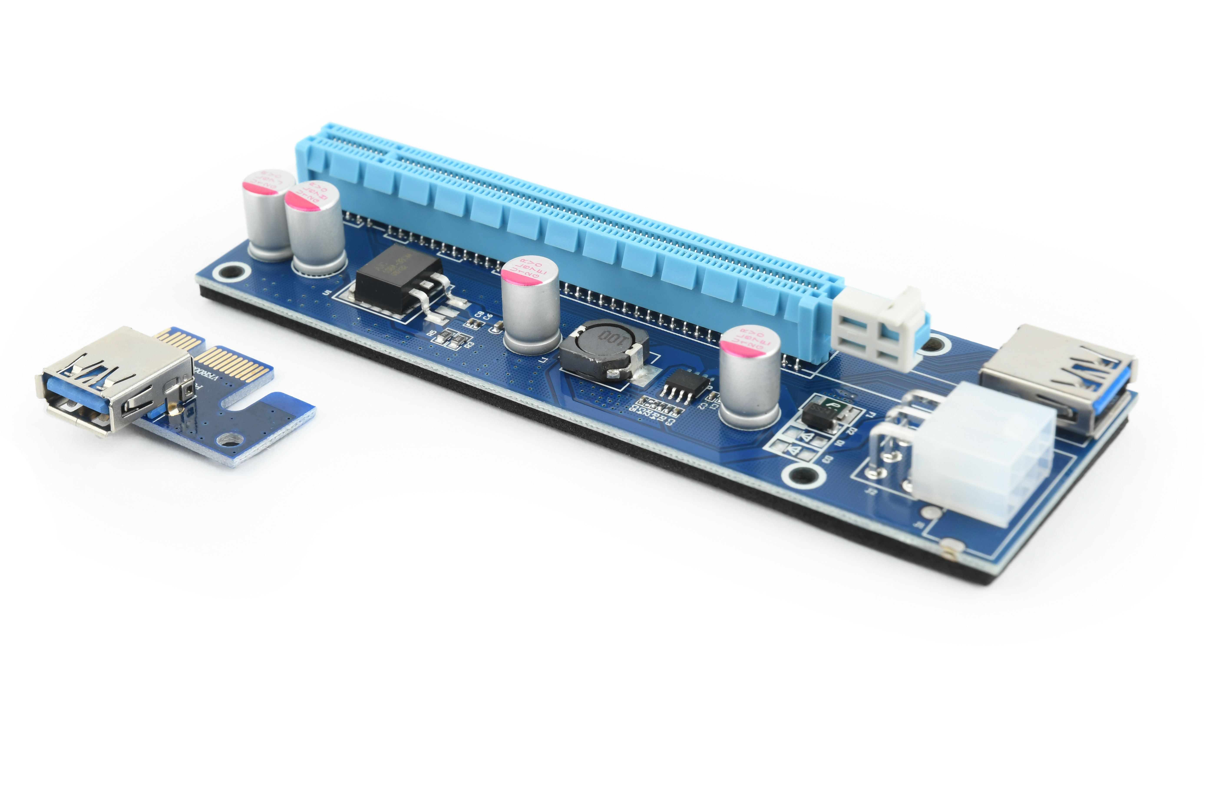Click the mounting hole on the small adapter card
pos(230,439)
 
